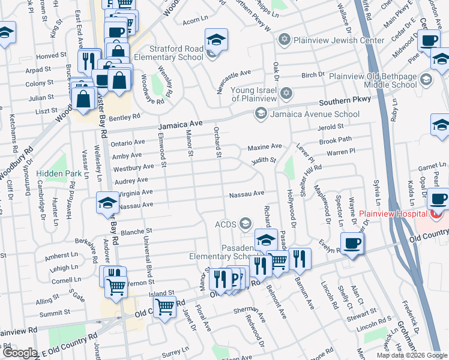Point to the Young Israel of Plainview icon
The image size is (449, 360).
[287, 94]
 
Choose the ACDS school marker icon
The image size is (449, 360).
[244, 224]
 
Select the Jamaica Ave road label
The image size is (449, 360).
[178, 127]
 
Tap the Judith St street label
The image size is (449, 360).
[263, 160]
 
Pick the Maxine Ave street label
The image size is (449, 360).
[265, 146]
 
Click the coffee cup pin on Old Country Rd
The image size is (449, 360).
[351, 243]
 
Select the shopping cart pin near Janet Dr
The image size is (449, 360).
[164, 307]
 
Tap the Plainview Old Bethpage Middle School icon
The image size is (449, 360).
[426, 80]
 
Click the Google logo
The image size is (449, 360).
[19, 353]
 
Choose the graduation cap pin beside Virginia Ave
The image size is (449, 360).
[107, 202]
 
